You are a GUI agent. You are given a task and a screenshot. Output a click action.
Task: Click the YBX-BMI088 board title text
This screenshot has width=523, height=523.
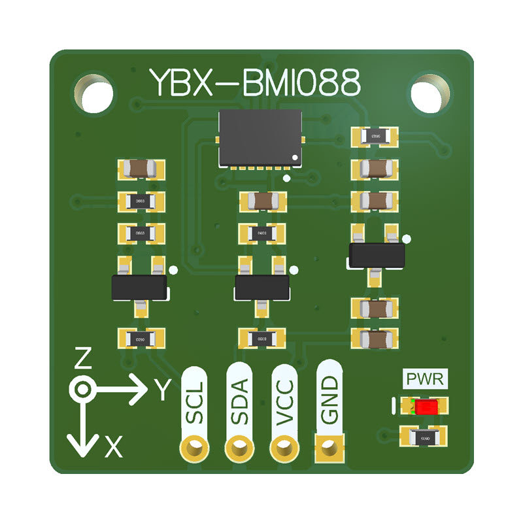[x=255, y=83]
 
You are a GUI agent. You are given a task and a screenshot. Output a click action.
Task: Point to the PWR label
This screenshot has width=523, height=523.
[x=425, y=379]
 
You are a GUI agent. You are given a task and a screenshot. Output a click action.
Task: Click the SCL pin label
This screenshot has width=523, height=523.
[x=194, y=401]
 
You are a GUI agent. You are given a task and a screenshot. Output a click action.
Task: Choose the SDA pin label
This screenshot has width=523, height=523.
[x=239, y=401]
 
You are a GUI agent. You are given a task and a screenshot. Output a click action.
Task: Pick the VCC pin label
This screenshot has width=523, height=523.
[x=284, y=399]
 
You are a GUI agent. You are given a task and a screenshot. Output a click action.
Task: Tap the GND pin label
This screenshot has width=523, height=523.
[x=329, y=399]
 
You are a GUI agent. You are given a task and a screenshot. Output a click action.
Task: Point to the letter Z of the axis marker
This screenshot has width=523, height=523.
[x=82, y=358]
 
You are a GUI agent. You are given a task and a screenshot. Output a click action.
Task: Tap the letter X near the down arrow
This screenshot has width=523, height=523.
[x=114, y=447]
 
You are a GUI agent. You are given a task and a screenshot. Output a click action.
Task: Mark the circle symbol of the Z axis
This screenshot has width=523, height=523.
[x=82, y=390]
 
